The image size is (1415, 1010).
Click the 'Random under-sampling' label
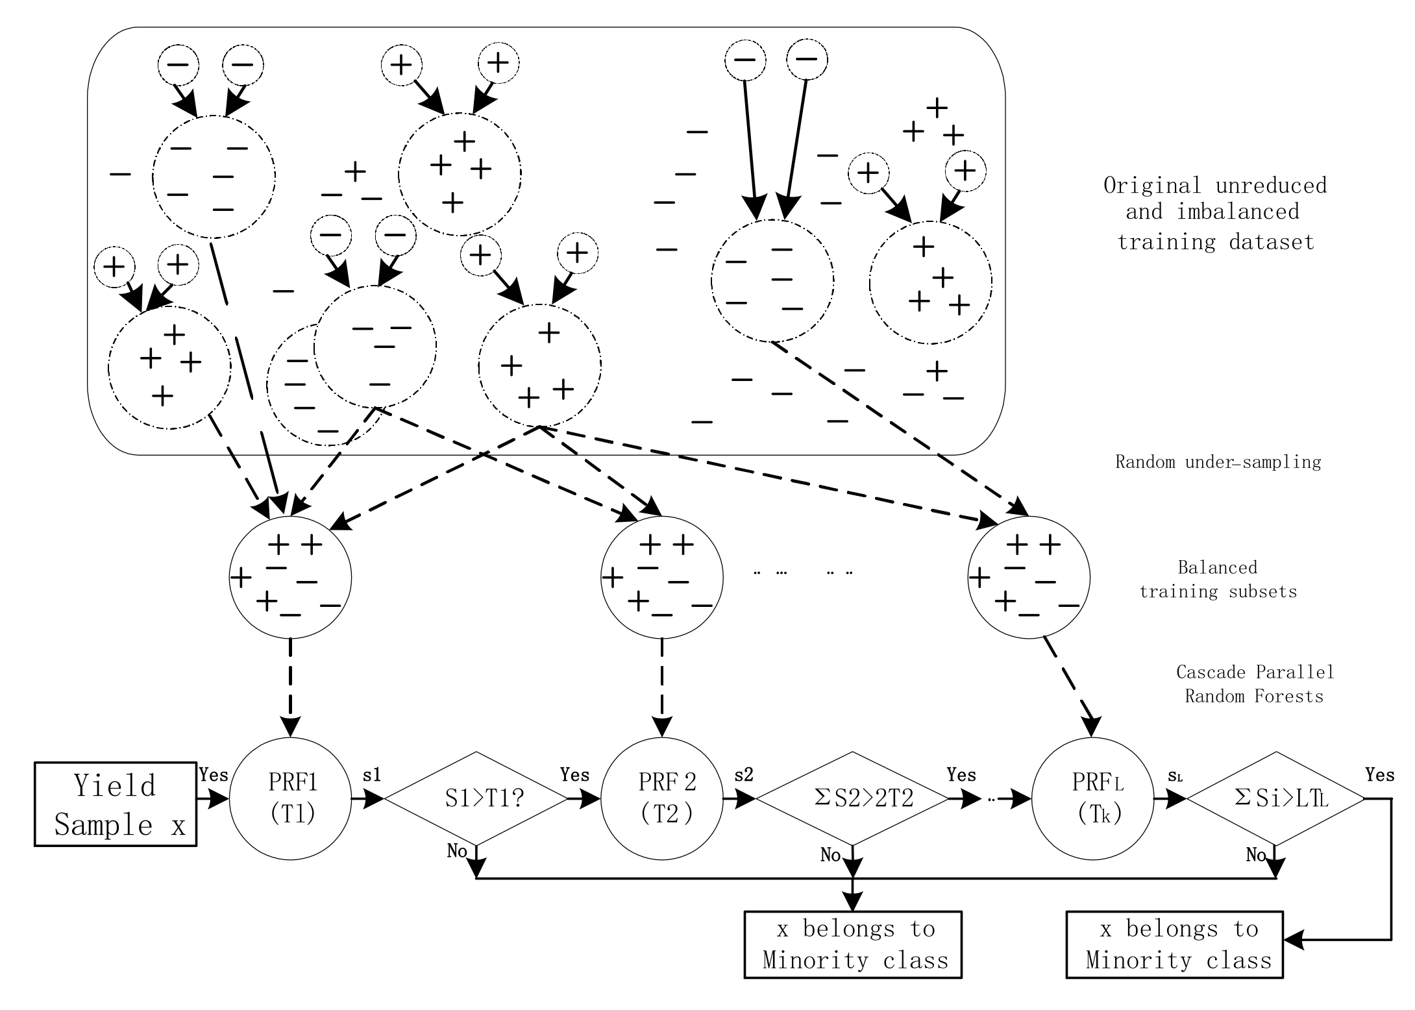click(1218, 462)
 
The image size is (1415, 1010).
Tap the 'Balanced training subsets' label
click(1218, 580)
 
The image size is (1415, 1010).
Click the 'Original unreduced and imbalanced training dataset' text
click(1215, 214)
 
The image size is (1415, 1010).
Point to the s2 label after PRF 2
click(744, 775)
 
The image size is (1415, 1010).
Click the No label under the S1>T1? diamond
click(456, 851)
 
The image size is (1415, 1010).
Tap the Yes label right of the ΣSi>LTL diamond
click(1380, 775)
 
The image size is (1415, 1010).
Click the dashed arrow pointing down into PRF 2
click(662, 688)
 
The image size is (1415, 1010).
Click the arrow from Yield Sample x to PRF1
click(213, 799)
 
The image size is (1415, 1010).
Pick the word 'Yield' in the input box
click(115, 786)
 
